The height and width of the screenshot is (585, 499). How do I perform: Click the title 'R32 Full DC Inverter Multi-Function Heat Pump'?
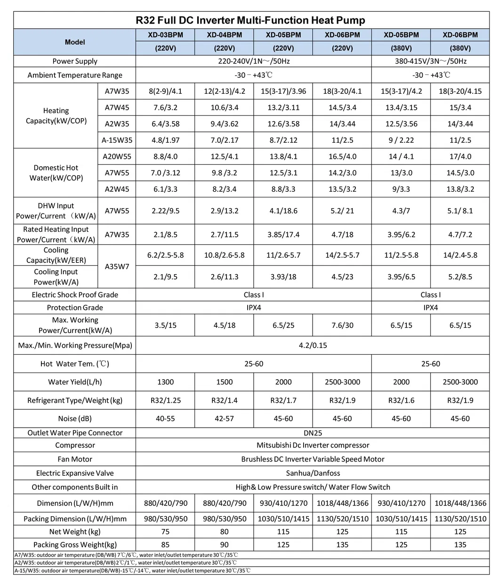(250, 20)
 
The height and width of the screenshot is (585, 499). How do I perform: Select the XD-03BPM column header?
(165, 35)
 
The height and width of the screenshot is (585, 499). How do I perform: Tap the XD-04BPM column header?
(224, 35)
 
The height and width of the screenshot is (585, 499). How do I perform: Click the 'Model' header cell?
(75, 42)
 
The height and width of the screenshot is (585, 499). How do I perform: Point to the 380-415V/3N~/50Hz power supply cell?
(430, 61)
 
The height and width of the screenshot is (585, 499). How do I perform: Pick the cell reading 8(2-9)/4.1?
(165, 91)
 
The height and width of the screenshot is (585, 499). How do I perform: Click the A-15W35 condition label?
(117, 140)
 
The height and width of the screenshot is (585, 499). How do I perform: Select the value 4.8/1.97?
(165, 140)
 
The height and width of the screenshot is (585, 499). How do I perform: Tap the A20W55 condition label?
(117, 156)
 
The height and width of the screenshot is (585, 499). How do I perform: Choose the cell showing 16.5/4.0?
(342, 156)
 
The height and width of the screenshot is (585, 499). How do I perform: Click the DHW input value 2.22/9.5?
(165, 211)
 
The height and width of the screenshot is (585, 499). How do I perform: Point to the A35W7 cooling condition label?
(117, 266)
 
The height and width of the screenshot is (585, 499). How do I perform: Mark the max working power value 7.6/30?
(342, 325)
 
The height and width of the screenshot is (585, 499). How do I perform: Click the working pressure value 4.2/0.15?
(313, 345)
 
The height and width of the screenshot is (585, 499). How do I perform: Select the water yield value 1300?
(165, 382)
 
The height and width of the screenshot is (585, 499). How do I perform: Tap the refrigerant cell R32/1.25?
(165, 400)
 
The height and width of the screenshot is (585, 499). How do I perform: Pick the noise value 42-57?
(224, 418)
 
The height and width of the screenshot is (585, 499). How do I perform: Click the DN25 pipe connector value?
(313, 432)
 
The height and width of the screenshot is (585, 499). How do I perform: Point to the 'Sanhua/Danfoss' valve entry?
(313, 473)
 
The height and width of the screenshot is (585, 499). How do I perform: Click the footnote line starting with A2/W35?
(126, 562)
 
